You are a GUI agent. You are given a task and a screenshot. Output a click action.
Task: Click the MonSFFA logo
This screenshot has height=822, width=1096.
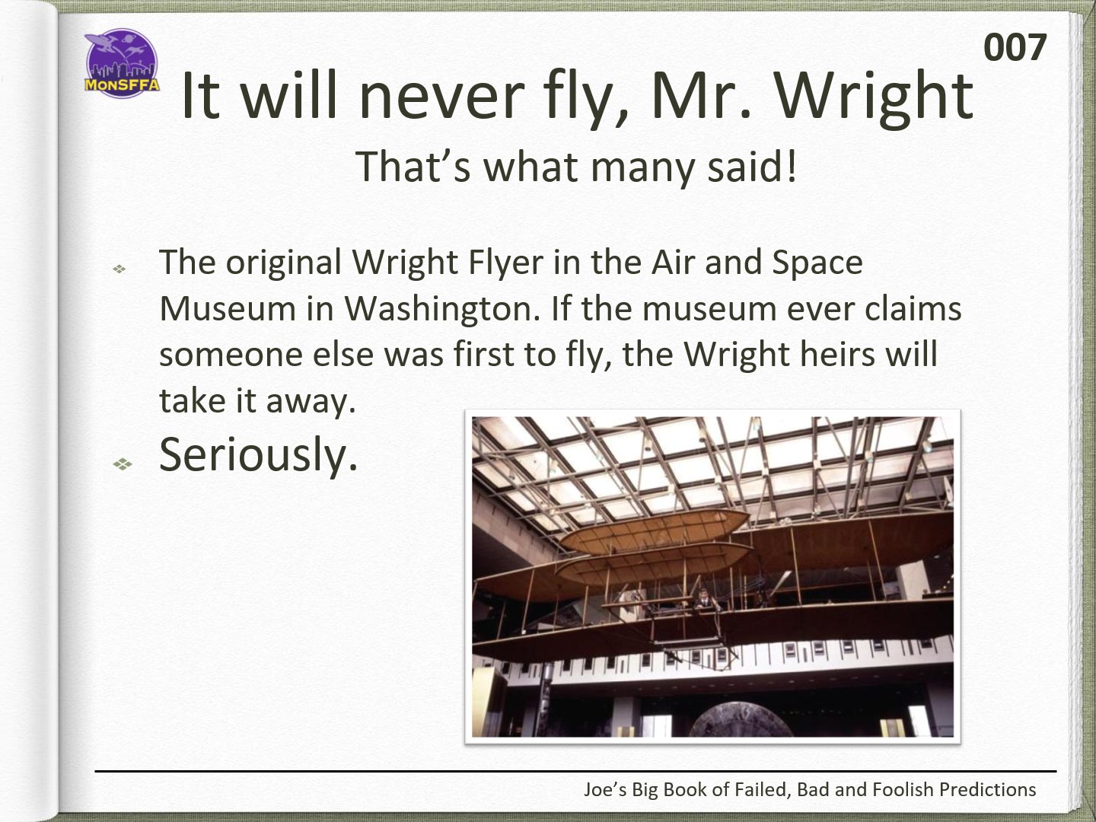click(x=122, y=63)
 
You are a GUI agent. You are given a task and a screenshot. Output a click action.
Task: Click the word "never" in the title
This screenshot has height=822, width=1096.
click(x=442, y=96)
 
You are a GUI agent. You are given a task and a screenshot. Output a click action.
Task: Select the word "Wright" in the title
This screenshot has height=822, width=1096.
click(x=874, y=97)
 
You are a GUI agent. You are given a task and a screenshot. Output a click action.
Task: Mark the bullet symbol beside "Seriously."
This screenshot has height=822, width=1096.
click(x=123, y=464)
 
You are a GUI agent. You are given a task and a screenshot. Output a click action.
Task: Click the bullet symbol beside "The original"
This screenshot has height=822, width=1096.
click(x=119, y=269)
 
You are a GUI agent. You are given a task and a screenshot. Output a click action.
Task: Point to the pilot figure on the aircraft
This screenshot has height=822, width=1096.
click(x=704, y=600)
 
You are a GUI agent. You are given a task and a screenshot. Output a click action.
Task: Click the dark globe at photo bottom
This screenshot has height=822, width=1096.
click(x=741, y=723)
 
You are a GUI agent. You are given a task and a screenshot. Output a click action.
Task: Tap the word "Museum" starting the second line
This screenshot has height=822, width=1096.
click(x=228, y=308)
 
